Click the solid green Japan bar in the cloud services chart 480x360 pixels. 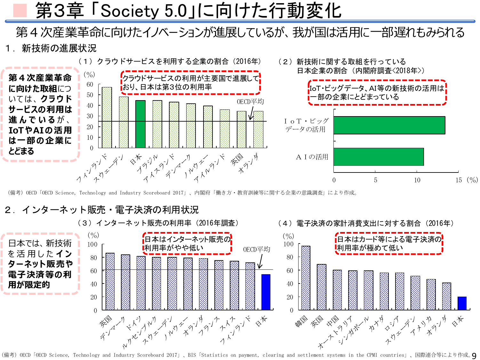[x=140, y=124]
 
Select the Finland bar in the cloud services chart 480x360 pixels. [x=107, y=117]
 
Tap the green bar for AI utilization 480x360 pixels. [x=379, y=157]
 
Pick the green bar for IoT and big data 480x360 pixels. [x=389, y=125]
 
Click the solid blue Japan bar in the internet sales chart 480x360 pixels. [x=266, y=292]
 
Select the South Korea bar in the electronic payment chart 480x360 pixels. [x=306, y=278]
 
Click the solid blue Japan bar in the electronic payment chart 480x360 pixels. [x=462, y=303]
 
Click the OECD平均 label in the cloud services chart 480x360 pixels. [x=250, y=102]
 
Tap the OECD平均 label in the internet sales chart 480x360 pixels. [x=256, y=250]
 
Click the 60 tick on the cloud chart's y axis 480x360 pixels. [x=90, y=84]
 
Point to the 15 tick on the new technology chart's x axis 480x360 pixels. [x=459, y=180]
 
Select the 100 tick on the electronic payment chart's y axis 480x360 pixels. [x=288, y=244]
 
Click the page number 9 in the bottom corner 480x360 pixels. [x=474, y=356]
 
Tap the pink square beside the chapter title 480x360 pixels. [x=20, y=11]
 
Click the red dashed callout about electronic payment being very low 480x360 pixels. [x=389, y=244]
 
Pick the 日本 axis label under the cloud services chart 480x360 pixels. [x=136, y=159]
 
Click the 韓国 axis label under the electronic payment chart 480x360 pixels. [x=301, y=321]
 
